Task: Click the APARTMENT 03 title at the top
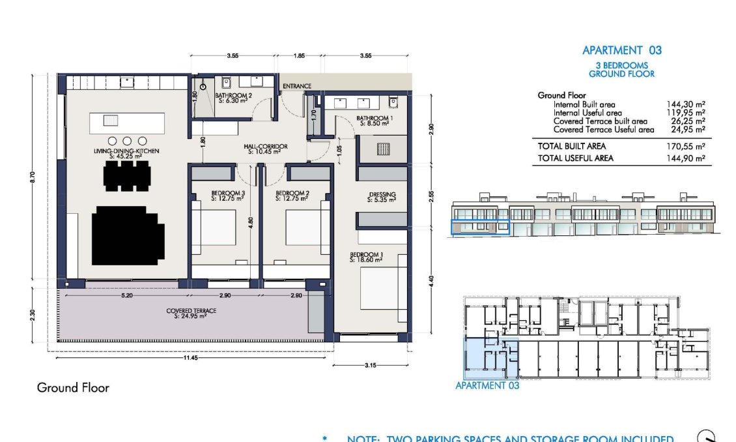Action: pyautogui.click(x=621, y=50)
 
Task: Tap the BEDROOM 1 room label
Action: pyautogui.click(x=365, y=256)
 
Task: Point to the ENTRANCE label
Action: pyautogui.click(x=296, y=86)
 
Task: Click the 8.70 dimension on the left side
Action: pyautogui.click(x=33, y=177)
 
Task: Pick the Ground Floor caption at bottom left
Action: pyautogui.click(x=73, y=388)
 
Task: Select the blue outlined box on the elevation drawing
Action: pyautogui.click(x=480, y=226)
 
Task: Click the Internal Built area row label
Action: pyautogui.click(x=584, y=104)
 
